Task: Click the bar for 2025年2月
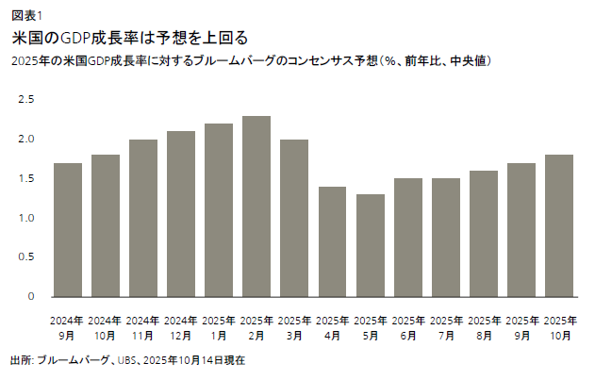click(256, 207)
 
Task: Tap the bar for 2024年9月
click(68, 230)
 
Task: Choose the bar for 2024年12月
click(181, 214)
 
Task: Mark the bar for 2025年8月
click(484, 234)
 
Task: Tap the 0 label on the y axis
click(30, 297)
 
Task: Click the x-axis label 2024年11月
click(143, 327)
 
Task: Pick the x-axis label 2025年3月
click(294, 327)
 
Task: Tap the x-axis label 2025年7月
click(446, 327)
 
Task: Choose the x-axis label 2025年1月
click(219, 327)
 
